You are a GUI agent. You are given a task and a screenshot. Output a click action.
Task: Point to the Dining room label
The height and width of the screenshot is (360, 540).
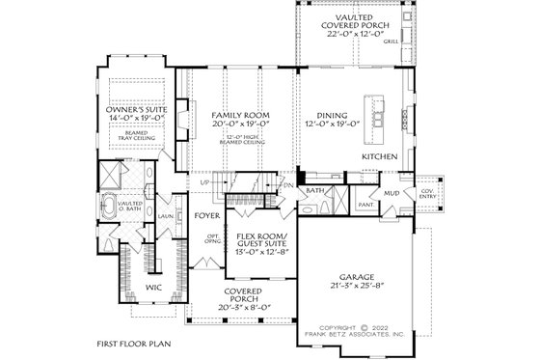pyautogui.click(x=331, y=115)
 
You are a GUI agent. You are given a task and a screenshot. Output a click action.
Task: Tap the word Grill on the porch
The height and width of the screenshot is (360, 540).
pyautogui.click(x=391, y=42)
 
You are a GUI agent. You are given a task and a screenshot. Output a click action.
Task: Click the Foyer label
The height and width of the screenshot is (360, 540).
pyautogui.click(x=206, y=215)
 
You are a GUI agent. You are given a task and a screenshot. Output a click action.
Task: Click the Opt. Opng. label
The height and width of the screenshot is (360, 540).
pyautogui.click(x=211, y=238)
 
